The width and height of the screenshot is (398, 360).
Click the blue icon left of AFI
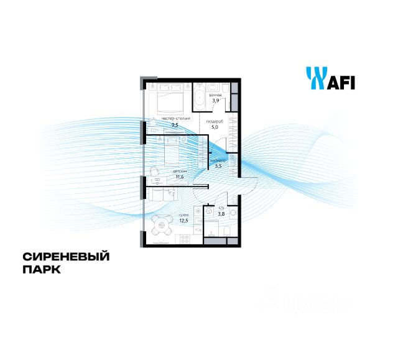[313, 79]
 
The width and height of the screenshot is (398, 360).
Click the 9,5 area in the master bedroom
[175, 124]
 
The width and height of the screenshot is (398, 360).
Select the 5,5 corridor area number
[218, 165]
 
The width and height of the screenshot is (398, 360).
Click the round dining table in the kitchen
[161, 224]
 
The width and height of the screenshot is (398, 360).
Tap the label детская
[163, 170]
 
